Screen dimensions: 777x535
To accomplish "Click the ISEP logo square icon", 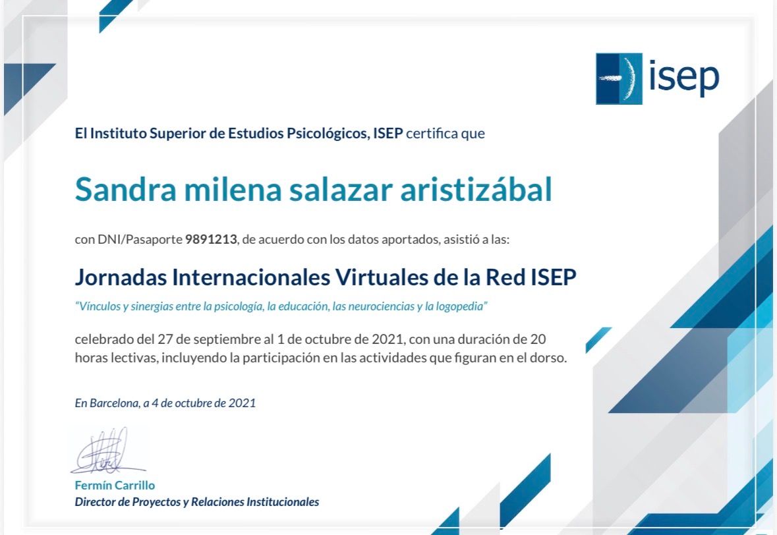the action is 619,79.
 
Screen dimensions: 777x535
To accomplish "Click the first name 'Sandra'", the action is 125,190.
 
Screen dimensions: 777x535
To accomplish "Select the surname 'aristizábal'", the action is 476,189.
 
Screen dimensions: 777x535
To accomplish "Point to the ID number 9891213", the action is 211,239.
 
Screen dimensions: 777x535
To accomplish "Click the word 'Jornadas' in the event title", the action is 121,277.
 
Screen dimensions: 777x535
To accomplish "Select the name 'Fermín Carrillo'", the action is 115,486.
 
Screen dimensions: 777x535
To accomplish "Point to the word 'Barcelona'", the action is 114,403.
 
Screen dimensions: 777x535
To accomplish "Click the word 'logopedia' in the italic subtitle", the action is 461,306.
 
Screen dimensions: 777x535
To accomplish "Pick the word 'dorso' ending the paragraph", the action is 550,358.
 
